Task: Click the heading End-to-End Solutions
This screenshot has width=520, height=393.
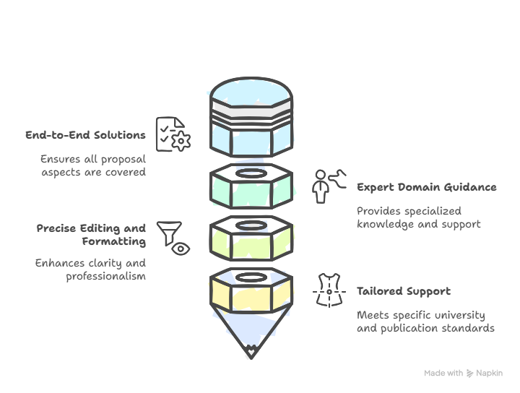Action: click(85, 135)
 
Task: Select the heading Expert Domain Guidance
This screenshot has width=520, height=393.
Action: click(427, 187)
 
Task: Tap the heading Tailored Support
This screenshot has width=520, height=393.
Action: click(404, 291)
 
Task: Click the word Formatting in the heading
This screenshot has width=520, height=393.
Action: click(114, 241)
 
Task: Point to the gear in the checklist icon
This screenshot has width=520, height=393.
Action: click(181, 141)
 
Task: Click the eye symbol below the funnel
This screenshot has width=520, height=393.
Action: click(181, 249)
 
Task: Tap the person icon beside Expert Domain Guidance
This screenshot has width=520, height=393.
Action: click(321, 186)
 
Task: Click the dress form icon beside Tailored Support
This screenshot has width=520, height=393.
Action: click(329, 290)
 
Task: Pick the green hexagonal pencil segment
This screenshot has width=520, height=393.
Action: click(251, 186)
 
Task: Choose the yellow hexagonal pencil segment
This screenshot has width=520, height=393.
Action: click(251, 290)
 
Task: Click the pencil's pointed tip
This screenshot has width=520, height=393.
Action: click(251, 358)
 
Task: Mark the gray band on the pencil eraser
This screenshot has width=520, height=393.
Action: click(251, 109)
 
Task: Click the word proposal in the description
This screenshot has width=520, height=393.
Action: click(123, 159)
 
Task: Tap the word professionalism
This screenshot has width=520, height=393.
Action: click(105, 276)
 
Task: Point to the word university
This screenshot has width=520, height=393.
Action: click(459, 315)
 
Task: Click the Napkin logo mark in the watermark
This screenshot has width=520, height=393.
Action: click(469, 373)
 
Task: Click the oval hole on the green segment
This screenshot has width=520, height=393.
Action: click(251, 173)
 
